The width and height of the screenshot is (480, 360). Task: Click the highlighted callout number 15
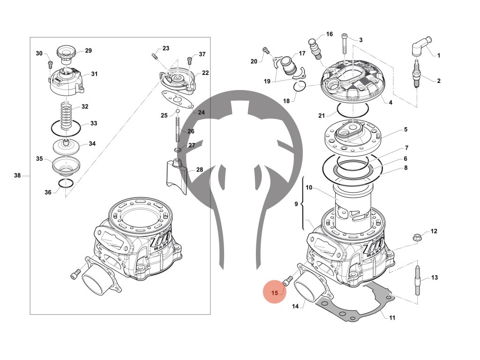tap(275, 293)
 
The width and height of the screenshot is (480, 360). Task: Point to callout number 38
tap(17, 176)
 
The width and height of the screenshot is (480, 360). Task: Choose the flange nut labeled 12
tap(417, 237)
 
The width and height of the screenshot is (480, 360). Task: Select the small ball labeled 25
tap(178, 112)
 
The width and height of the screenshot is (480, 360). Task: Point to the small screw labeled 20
tap(266, 51)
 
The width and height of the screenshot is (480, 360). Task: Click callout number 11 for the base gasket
tap(392, 317)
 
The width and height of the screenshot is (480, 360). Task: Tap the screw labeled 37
tap(189, 60)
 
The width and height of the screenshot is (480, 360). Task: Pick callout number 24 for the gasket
tap(201, 112)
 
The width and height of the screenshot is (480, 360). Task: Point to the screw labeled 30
tap(50, 64)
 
